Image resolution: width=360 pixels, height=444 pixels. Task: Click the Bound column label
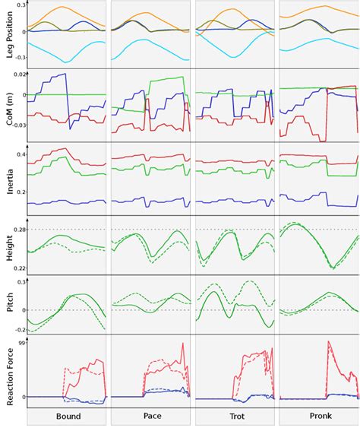(x=68, y=417)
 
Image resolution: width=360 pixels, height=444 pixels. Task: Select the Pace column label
(x=152, y=417)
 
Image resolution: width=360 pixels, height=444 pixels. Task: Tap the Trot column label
(x=235, y=417)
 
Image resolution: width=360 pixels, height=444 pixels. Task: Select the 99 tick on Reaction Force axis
(x=22, y=344)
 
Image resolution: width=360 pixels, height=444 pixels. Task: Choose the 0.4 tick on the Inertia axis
(x=21, y=155)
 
